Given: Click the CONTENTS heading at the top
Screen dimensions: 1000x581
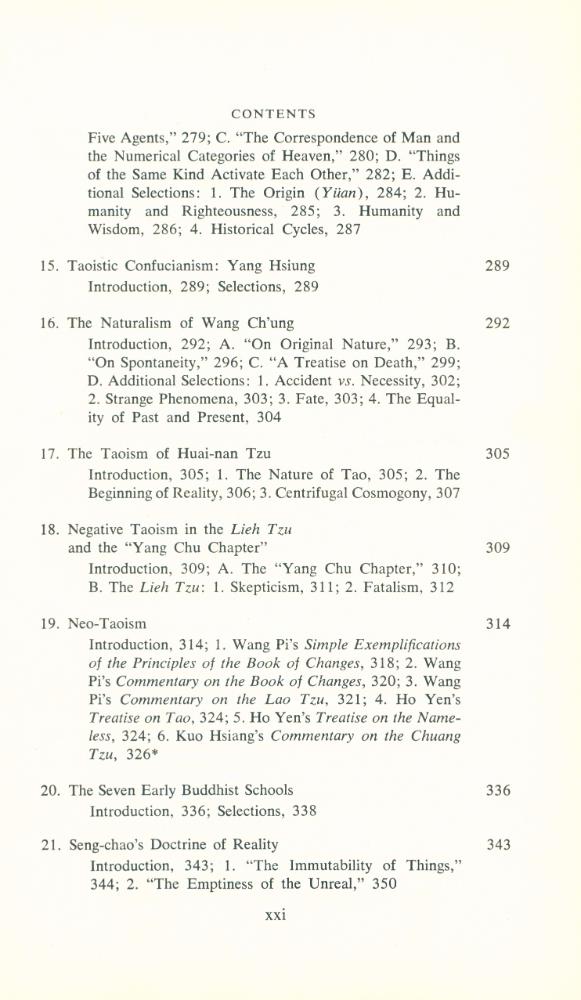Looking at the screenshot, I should click(273, 114).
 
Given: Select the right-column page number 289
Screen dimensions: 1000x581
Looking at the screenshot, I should click(497, 266).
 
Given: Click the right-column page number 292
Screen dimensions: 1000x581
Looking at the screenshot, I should click(497, 323).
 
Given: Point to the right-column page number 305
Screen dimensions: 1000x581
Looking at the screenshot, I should click(497, 453).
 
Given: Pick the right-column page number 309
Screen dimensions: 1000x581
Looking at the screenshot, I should click(497, 548).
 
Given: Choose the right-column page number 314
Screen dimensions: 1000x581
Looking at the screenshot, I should click(497, 624).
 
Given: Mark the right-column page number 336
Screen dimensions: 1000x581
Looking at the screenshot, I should click(497, 790).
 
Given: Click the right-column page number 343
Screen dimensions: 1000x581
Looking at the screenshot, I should click(497, 845).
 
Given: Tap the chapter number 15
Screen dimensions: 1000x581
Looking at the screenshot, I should click(48, 266).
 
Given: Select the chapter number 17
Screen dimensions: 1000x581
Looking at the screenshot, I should click(48, 453).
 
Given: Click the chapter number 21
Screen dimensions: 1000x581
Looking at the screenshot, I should click(48, 845).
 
